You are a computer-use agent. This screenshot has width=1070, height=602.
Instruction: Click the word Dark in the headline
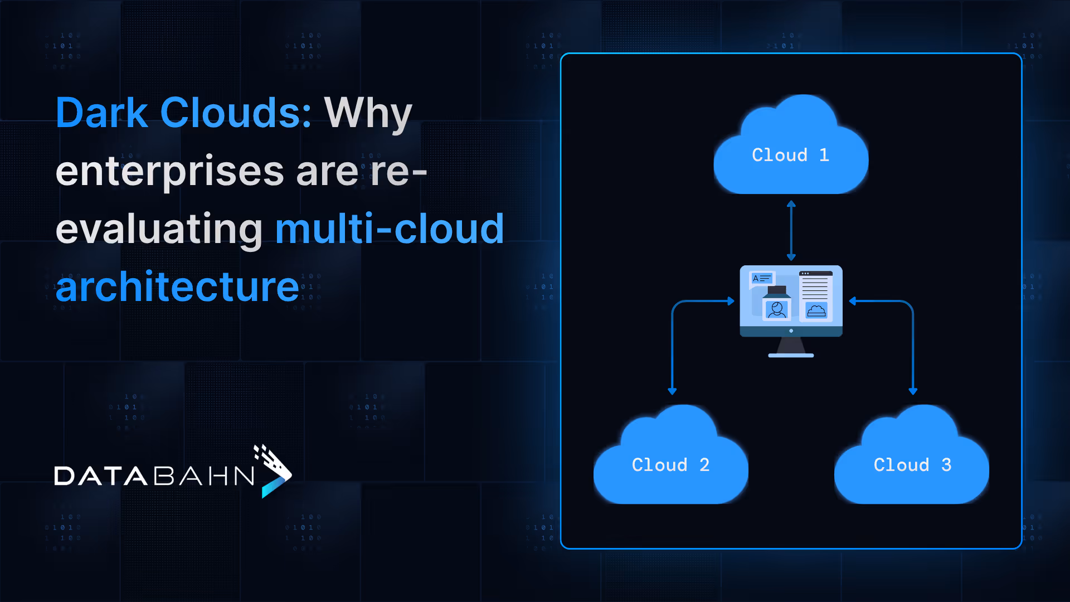(x=102, y=113)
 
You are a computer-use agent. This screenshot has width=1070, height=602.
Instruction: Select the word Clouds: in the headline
(x=236, y=113)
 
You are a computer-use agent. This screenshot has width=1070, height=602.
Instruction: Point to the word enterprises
(x=170, y=172)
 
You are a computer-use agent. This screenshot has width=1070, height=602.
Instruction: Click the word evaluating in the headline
(x=159, y=230)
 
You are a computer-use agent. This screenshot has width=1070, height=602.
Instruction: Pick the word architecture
(x=177, y=287)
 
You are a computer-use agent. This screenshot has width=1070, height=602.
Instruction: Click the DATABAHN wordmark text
(x=154, y=476)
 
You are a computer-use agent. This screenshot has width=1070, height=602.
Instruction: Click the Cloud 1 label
(x=790, y=155)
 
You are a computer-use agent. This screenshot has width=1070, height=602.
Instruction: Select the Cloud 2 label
(x=670, y=465)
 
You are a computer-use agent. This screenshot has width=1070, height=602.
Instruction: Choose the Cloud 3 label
(x=912, y=465)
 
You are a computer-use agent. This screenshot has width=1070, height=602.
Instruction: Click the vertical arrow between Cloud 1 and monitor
(x=791, y=230)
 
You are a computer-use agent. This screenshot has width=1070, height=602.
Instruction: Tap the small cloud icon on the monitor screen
(x=816, y=310)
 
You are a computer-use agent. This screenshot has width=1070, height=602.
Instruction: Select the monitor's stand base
(x=791, y=355)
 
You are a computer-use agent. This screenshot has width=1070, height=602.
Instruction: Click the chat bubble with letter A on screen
(x=762, y=278)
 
